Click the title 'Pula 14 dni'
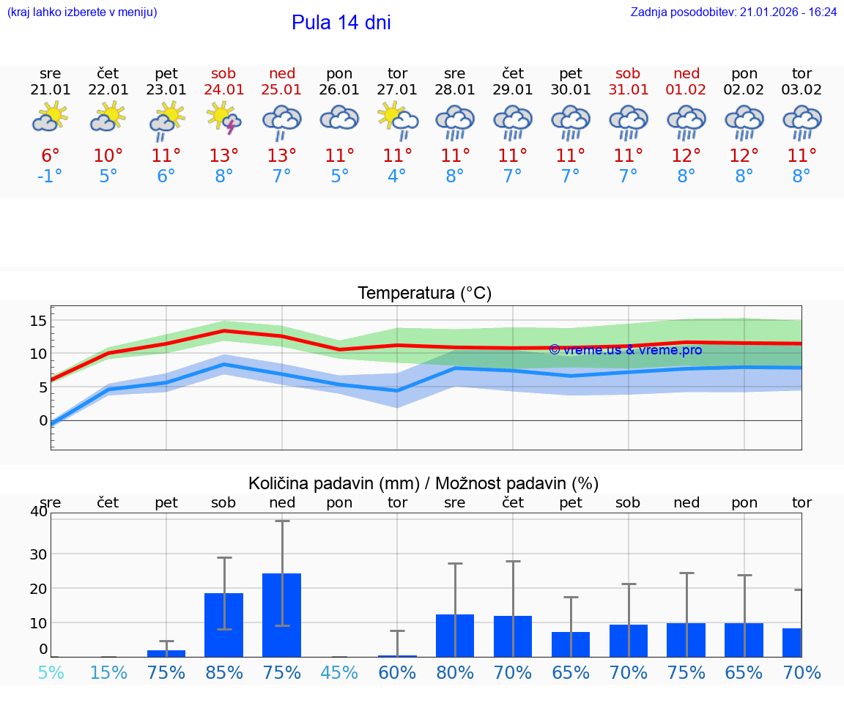tap(341, 23)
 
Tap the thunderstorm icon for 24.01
tap(223, 119)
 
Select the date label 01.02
tap(686, 90)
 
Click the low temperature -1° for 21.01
tap(50, 176)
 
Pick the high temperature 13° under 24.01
tap(223, 155)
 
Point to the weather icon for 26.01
tap(339, 119)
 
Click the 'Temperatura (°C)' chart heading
tap(424, 294)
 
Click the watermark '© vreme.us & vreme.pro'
tap(625, 350)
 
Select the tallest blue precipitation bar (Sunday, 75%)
tap(282, 615)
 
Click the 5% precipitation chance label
tap(50, 672)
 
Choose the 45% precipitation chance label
tap(339, 672)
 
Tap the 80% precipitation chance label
tap(455, 672)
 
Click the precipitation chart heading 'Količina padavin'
tap(423, 483)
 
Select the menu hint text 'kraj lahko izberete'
tap(81, 12)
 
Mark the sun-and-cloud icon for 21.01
tap(50, 117)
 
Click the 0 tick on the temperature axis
tap(43, 420)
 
